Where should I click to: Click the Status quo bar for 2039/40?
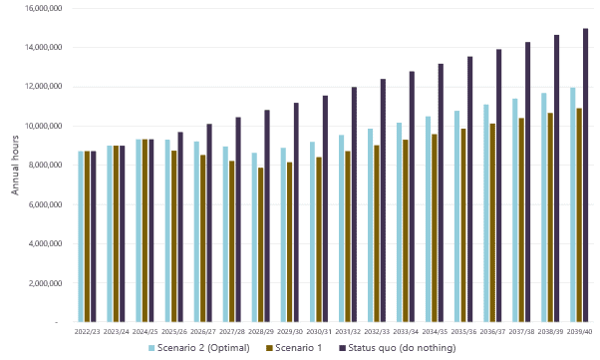coord(585,176)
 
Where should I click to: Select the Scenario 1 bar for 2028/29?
coord(260,245)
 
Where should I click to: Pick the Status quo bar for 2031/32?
coord(354,205)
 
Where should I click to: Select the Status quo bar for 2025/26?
coord(180,227)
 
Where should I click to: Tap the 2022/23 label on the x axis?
coord(87,330)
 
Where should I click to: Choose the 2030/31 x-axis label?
coord(318,330)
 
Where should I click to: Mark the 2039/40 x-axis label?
coord(579,330)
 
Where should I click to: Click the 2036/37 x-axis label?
coord(492,330)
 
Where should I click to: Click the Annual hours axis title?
coord(15,166)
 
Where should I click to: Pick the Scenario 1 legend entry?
coord(300,348)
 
